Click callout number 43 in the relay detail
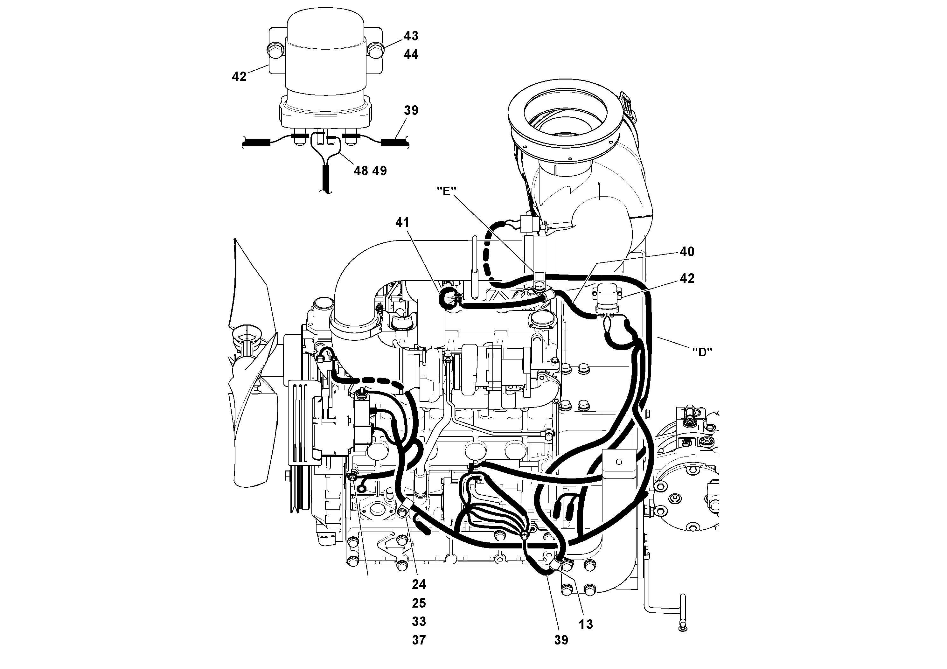coord(411,36)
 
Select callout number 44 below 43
coord(411,54)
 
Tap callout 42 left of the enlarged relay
coord(239,77)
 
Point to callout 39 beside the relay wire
coord(411,110)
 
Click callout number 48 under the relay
coord(361,171)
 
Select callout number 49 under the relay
coord(379,171)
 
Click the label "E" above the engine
coord(446,191)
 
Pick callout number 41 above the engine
coord(402,223)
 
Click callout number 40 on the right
coord(687,252)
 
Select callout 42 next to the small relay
coord(687,278)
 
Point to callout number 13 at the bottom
coord(586,624)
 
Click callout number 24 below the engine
coord(419,584)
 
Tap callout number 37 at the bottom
coord(419,640)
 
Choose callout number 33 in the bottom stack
coord(419,622)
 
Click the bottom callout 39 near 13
coord(561,640)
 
